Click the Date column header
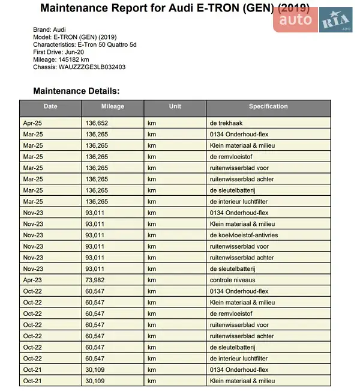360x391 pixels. tap(50, 107)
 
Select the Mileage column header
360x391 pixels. tap(112, 107)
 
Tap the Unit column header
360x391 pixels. tap(175, 107)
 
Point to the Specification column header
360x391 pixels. tap(268, 107)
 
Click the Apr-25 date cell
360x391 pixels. tap(33, 123)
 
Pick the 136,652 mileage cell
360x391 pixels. tap(97, 123)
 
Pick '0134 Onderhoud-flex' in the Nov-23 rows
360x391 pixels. tap(239, 213)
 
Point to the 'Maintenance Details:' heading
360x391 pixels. tap(77, 91)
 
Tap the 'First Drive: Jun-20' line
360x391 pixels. tap(60, 52)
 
